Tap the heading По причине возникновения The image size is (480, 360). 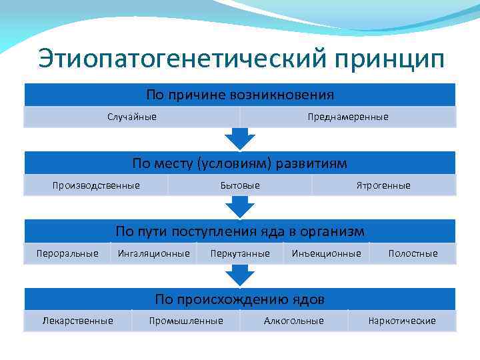(x=240, y=95)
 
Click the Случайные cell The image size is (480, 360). (x=132, y=117)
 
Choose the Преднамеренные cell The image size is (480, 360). (x=347, y=117)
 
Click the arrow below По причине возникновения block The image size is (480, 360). (x=240, y=138)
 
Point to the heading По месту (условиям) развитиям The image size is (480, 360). (x=240, y=163)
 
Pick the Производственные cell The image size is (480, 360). (x=96, y=185)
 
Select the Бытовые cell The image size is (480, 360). (x=240, y=185)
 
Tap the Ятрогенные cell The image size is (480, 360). (x=383, y=185)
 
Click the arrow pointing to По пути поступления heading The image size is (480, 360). (x=240, y=207)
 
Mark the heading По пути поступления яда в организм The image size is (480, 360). (x=240, y=231)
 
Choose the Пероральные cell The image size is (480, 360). (x=67, y=253)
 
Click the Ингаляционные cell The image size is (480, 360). (x=153, y=253)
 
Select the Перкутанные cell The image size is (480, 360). (x=240, y=253)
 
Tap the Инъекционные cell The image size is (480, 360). (x=327, y=253)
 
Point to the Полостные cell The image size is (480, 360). (x=413, y=253)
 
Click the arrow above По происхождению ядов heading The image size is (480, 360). (x=240, y=275)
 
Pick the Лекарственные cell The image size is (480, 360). (x=77, y=321)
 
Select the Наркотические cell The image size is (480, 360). (x=402, y=321)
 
